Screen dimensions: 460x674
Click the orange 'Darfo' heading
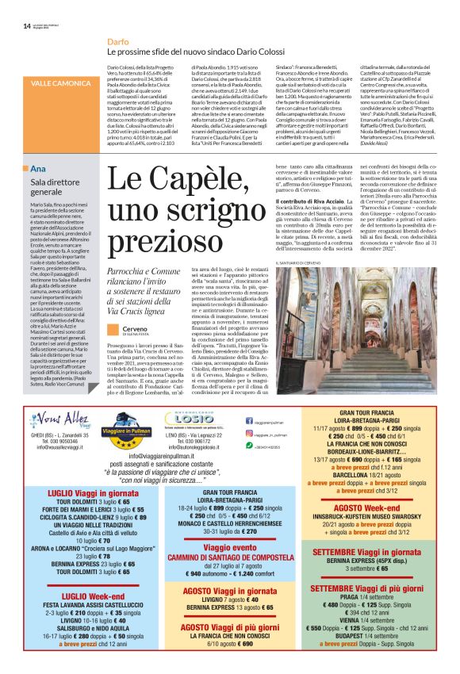118,40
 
